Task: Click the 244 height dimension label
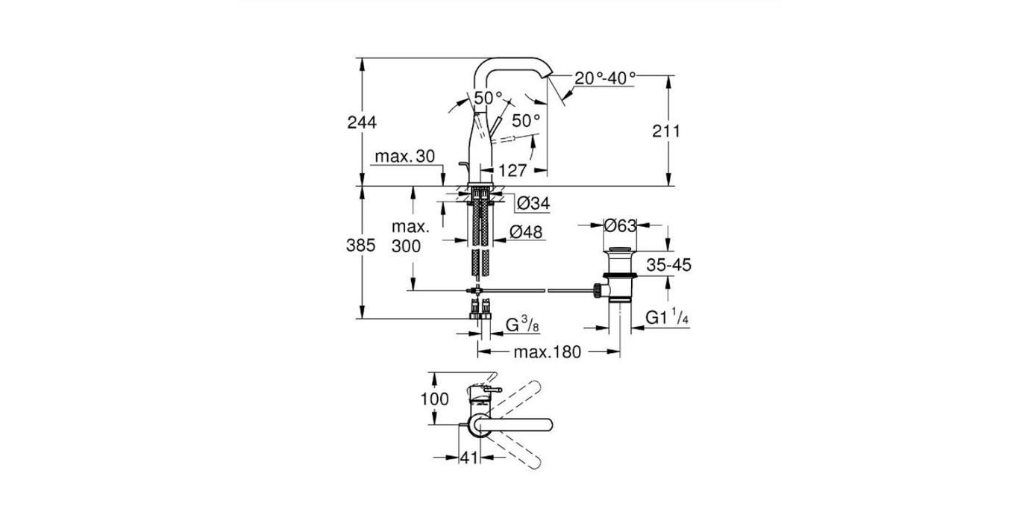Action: coord(362,122)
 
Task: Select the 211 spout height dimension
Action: coord(666,131)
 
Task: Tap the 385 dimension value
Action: coord(362,246)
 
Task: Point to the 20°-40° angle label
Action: coord(605,77)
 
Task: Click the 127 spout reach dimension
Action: coord(512,170)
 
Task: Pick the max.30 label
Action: coord(404,156)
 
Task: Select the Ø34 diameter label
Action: coord(533,202)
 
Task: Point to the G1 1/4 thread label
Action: coord(667,317)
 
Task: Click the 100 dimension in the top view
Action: coord(435,399)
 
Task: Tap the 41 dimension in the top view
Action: coord(468,458)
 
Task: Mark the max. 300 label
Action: coord(409,236)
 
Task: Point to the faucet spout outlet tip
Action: coord(550,76)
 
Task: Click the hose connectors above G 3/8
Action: coord(478,307)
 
